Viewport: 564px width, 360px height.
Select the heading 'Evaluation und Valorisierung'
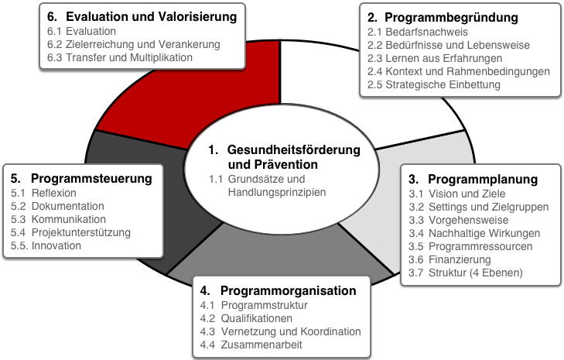[x=152, y=16]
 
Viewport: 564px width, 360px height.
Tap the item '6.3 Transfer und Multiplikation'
[x=120, y=57]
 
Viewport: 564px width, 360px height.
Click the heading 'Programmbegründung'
[x=451, y=17]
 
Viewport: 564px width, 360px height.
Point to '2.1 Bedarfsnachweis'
[x=418, y=32]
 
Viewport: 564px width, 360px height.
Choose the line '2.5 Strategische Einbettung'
[x=434, y=84]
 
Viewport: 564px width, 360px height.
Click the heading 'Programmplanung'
[x=483, y=180]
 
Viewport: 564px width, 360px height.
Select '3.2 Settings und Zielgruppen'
[x=479, y=207]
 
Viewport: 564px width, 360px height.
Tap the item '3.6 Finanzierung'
[x=449, y=259]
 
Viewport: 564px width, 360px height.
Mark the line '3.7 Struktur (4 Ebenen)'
[x=466, y=273]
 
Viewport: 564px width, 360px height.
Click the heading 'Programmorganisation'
[x=288, y=290]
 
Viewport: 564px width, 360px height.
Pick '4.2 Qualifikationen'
[x=246, y=318]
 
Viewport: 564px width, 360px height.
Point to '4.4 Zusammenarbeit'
[x=251, y=345]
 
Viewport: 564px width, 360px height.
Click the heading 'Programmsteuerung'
[x=91, y=179]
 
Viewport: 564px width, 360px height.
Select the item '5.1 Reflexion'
[x=43, y=193]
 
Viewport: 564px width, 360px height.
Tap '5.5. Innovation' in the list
[x=46, y=245]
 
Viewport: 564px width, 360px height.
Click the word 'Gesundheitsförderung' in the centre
[x=293, y=149]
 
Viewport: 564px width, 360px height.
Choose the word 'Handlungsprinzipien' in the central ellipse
[x=277, y=192]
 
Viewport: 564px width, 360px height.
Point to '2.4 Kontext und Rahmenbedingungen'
[x=459, y=71]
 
